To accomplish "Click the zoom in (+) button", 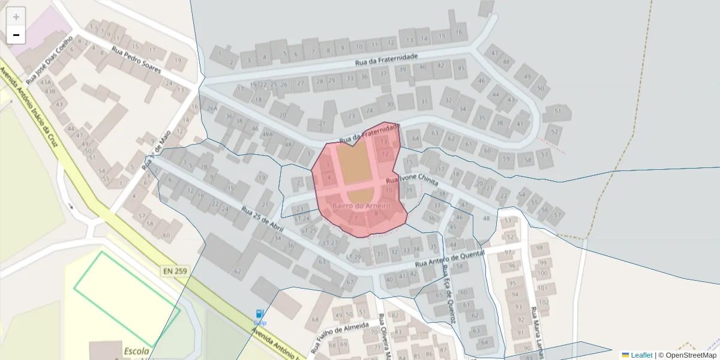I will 16,17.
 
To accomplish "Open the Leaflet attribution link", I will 641,355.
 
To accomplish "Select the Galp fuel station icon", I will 259,314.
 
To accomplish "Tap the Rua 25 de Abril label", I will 262,220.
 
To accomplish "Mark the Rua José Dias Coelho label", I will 49,59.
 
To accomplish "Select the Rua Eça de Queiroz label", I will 449,293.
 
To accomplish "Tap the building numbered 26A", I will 211,109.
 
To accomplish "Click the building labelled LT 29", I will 354,257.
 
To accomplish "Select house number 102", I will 543,302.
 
